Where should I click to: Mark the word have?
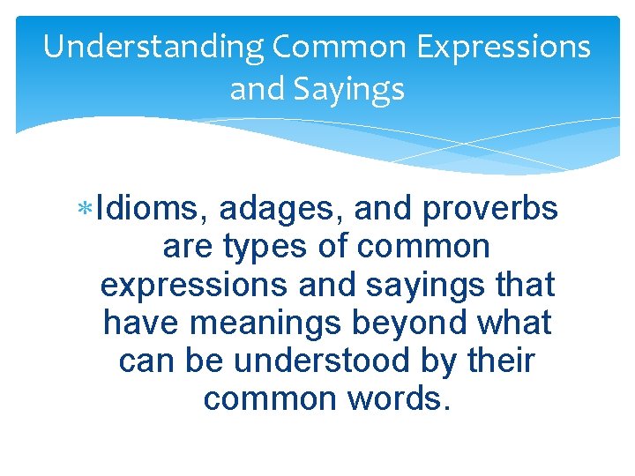point(142,324)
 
